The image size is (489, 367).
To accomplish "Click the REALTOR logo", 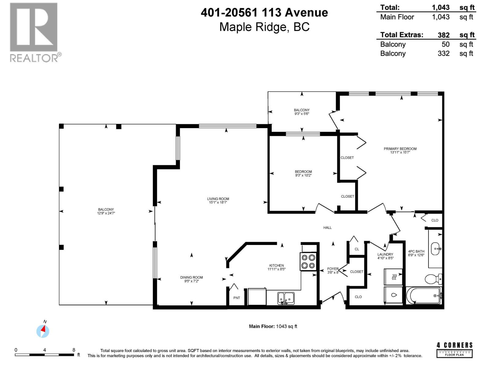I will [34, 32].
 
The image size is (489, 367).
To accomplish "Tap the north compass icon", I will [43, 331].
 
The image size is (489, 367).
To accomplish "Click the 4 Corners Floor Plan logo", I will [454, 350].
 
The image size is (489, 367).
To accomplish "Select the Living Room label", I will [218, 200].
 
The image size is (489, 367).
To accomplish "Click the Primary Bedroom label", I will [400, 150].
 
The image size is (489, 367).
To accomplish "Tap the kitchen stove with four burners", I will [308, 261].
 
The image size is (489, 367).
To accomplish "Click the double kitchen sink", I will [286, 298].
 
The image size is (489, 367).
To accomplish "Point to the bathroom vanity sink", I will [435, 249].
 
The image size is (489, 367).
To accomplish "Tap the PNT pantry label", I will [237, 298].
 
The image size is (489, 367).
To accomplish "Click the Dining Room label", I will [191, 279].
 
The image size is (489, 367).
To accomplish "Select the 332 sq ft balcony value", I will [443, 54].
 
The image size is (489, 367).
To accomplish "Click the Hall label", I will [327, 228].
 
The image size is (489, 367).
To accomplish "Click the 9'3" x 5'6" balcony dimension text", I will [302, 114].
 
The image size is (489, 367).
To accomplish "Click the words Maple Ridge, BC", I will [264, 27].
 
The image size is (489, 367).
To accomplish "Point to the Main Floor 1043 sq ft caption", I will [273, 326].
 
